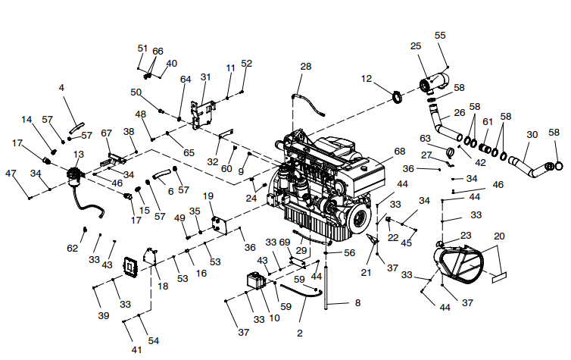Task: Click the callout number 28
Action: click(x=305, y=67)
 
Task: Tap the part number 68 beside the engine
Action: click(x=400, y=151)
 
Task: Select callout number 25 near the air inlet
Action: click(x=416, y=47)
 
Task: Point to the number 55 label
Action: click(x=440, y=36)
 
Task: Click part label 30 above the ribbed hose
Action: click(x=532, y=134)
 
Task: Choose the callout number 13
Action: click(x=78, y=155)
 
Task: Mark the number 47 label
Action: click(x=11, y=174)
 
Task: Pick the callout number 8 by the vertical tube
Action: click(x=357, y=302)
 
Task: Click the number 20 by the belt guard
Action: click(x=498, y=236)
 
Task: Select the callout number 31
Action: click(x=206, y=77)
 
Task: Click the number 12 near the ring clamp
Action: click(x=367, y=79)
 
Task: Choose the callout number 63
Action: click(x=425, y=138)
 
